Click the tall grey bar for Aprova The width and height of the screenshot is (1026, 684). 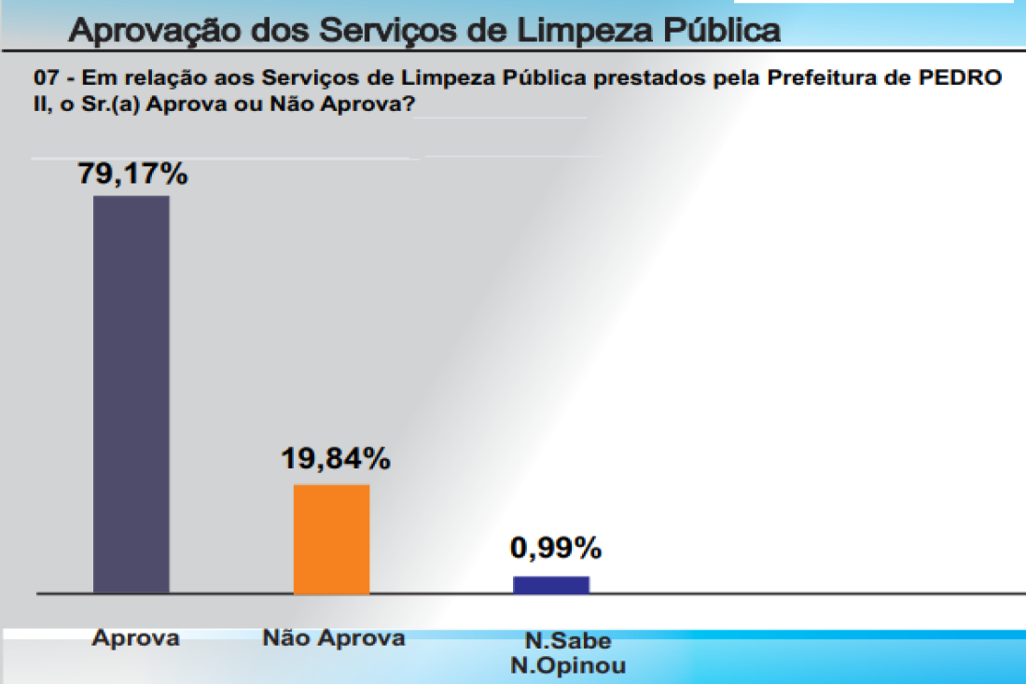coord(132,394)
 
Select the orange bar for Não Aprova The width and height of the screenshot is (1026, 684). coord(331,538)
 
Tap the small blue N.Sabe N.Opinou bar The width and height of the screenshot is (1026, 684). coord(551,584)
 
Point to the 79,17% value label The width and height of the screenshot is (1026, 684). coord(133,174)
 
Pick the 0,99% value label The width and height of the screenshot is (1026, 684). coord(556,549)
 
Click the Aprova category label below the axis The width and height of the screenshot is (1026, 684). coord(135,638)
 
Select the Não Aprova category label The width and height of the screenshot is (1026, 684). coord(334,638)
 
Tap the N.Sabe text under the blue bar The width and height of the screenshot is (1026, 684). coord(568,641)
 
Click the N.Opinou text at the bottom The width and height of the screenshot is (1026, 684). coord(568,665)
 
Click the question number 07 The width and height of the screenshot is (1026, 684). coord(45,78)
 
